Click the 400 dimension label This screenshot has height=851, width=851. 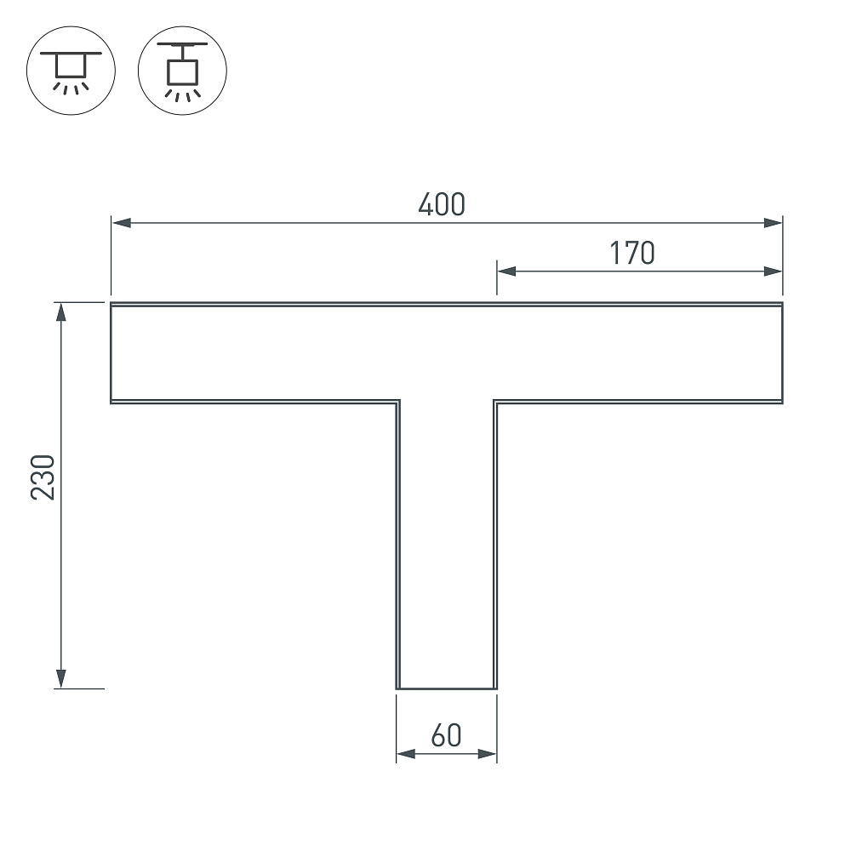442,204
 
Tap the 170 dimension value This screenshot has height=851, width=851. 632,253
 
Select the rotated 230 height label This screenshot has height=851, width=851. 43,477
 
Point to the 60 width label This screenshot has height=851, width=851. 446,735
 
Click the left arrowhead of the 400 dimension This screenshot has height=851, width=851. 121,222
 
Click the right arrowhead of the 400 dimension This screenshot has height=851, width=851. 773,222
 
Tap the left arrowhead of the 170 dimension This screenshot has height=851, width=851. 506,271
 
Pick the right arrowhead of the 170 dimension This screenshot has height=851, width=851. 773,271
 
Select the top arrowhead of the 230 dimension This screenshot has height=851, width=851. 60,312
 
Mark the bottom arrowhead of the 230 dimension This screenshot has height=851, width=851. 60,679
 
